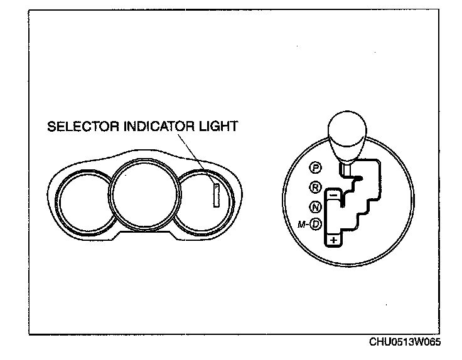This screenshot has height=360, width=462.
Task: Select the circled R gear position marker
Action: (316, 186)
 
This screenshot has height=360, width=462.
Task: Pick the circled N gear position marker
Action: (316, 207)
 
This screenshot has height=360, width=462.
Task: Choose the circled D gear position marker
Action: (316, 224)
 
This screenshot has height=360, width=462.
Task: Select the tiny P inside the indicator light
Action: (215, 187)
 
